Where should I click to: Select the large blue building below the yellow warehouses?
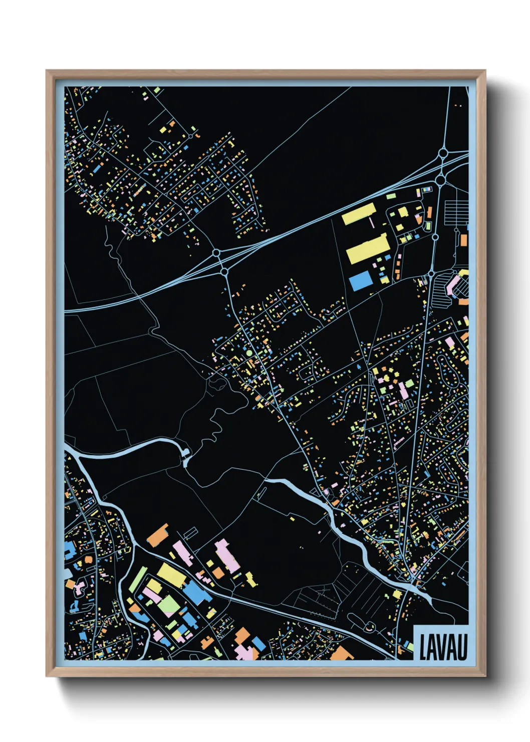(360, 281)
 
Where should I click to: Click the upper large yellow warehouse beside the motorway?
(359, 214)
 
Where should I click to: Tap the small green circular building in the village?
(249, 354)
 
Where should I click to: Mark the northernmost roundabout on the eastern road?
(443, 152)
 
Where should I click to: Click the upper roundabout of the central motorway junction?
(216, 253)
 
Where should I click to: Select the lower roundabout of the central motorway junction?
(224, 272)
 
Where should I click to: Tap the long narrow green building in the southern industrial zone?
(137, 579)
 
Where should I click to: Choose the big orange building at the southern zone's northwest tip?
(158, 535)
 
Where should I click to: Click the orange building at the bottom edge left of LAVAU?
(343, 653)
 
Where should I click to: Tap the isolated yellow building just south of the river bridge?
(397, 594)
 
